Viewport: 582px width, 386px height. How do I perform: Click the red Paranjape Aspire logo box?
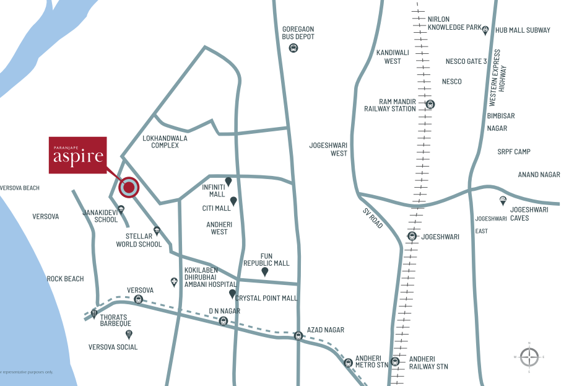click(77, 155)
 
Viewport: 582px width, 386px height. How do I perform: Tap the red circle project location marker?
click(129, 187)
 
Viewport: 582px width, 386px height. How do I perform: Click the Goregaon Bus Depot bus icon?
click(293, 48)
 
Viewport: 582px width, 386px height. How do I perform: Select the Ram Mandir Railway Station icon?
click(430, 105)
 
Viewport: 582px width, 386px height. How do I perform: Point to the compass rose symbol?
click(529, 357)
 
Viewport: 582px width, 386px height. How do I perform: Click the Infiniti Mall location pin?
click(228, 181)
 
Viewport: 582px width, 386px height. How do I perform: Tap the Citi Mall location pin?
click(233, 201)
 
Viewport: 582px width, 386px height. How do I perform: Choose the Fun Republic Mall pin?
click(264, 271)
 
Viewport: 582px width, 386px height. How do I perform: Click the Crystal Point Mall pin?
click(233, 294)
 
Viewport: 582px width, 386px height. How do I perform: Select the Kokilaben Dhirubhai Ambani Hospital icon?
click(174, 282)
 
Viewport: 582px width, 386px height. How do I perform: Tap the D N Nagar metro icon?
click(224, 321)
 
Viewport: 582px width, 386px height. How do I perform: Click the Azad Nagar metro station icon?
click(298, 336)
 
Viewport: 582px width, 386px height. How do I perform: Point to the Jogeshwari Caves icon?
click(503, 201)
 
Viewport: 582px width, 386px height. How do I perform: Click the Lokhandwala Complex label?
click(160, 141)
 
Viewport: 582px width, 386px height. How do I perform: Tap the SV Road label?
click(373, 217)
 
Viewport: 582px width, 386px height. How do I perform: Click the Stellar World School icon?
click(157, 230)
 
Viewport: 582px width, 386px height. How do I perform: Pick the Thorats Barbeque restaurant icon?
click(94, 314)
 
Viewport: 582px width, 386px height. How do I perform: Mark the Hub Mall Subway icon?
click(485, 30)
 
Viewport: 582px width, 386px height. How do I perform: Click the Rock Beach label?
click(65, 279)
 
